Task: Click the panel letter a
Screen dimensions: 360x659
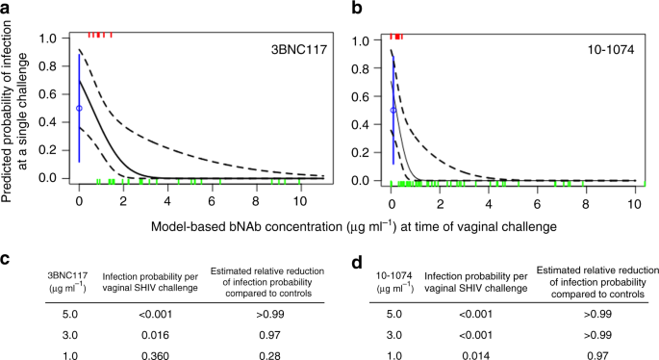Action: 7,9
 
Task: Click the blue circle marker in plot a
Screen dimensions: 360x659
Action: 79,109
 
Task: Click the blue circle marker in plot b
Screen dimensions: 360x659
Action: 393,110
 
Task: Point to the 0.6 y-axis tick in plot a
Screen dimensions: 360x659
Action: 49,95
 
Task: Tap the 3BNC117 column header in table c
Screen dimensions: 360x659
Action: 39,258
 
